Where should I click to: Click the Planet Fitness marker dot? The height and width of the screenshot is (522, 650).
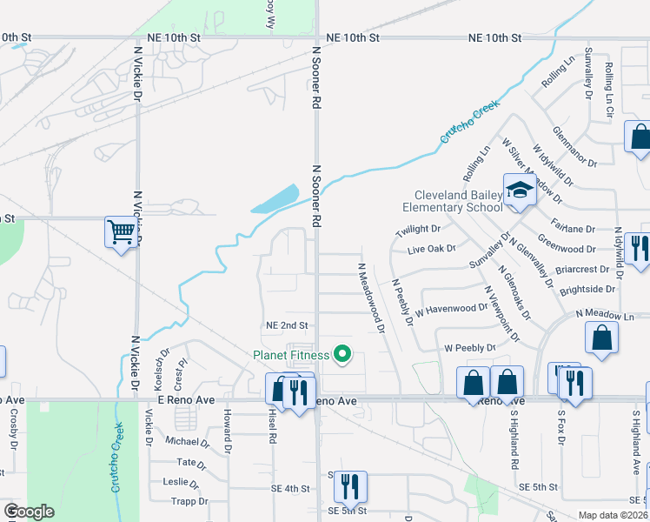342,354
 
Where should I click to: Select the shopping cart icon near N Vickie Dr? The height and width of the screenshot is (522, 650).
121,232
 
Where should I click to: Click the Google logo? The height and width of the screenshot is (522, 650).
29,512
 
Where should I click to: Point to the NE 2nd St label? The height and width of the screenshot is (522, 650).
287,325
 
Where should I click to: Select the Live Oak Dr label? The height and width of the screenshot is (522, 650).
432,250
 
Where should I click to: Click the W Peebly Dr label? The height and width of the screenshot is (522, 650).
469,347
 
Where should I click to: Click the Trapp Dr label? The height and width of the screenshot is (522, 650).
188,500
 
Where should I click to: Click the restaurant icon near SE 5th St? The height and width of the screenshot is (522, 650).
350,485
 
